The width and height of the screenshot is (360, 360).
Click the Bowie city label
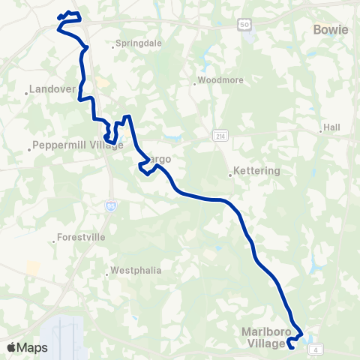coord(330,30)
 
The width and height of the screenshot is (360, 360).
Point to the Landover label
coord(55,89)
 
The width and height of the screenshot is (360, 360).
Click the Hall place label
coord(331,127)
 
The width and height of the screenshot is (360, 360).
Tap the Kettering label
coord(257,171)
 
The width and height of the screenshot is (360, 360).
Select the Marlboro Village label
coord(265,337)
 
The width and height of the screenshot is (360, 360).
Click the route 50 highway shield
coord(244,25)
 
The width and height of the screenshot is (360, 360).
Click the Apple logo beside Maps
coord(11,347)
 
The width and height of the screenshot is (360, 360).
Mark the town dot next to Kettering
coord(230,176)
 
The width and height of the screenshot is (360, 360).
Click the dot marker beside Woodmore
coord(194,83)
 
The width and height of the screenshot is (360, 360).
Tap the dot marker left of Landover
coord(27,94)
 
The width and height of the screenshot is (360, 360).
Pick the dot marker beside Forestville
coord(55,241)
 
